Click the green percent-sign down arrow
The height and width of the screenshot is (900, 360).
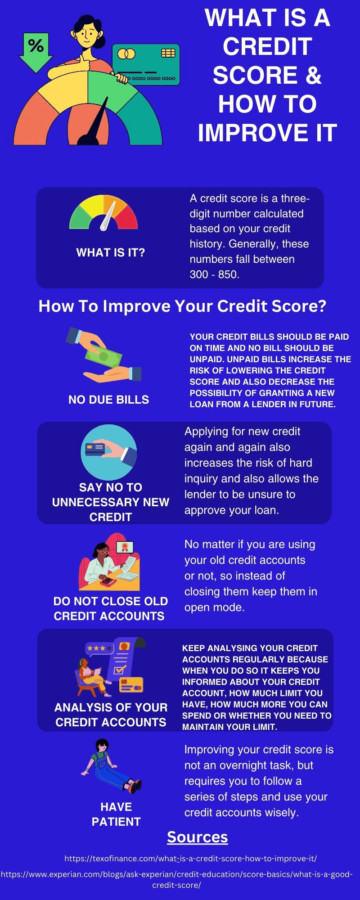coord(36,50)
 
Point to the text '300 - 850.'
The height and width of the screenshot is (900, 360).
coord(214,274)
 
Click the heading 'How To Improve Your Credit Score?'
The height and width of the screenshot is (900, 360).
coord(182,306)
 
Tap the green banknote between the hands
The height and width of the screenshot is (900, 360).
coord(103,358)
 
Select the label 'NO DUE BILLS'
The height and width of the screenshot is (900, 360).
coord(108,400)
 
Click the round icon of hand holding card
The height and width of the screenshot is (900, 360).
coord(108,452)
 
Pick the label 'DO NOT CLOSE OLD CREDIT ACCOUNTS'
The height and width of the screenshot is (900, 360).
coord(110,608)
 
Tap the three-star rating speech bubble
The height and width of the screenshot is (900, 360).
coord(99,648)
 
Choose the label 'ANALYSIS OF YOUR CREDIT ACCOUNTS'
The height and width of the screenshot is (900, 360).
coord(111,715)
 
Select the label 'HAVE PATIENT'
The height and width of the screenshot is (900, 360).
coord(116,814)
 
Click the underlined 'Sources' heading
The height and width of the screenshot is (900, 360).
coord(197,837)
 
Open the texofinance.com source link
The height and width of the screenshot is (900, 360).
coord(191,859)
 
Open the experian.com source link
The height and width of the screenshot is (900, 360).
coord(176,879)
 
